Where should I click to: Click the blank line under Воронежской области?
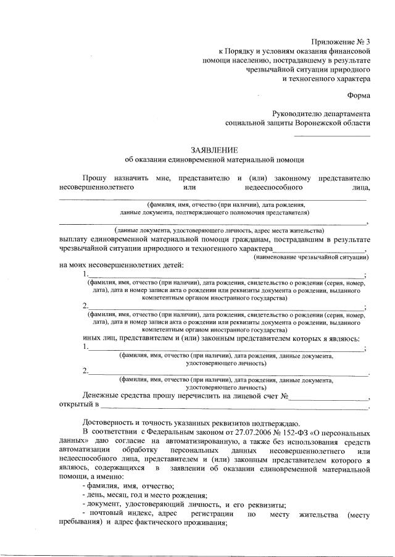[x=332, y=135]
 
